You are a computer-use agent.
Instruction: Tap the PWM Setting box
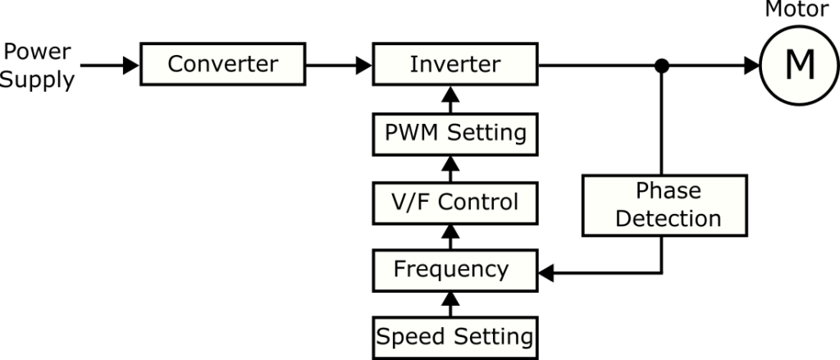(x=454, y=133)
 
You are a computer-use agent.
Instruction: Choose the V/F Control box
(x=454, y=201)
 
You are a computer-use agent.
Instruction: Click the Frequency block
(x=454, y=269)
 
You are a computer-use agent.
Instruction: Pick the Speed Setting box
(x=454, y=336)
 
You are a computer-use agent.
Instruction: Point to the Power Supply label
(x=38, y=66)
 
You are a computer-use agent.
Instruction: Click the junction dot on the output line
(x=661, y=65)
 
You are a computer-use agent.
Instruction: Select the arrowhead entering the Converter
(x=131, y=65)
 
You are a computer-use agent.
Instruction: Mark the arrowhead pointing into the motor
(x=751, y=65)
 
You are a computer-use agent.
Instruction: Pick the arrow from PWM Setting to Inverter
(x=449, y=100)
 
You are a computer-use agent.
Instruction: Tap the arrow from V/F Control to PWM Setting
(x=449, y=168)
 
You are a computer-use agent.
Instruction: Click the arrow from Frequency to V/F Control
(x=449, y=236)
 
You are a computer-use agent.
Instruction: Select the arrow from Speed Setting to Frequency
(x=449, y=303)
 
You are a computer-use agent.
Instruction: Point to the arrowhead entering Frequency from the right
(x=547, y=271)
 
